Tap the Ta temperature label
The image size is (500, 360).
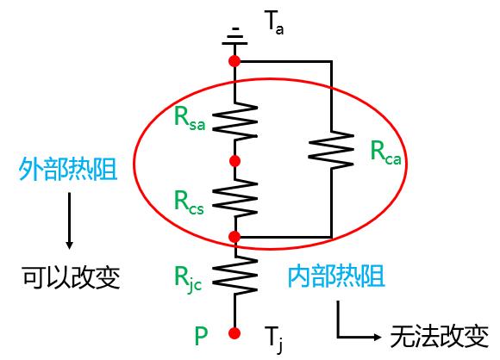[x=274, y=22]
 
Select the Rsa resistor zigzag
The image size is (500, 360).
[x=235, y=121]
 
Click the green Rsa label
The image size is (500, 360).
[x=190, y=119]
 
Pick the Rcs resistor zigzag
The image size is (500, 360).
[x=235, y=198]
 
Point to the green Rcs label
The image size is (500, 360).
[x=189, y=202]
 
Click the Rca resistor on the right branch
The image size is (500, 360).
[x=331, y=150]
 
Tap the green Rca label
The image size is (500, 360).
[x=385, y=152]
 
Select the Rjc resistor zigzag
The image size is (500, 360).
[x=235, y=276]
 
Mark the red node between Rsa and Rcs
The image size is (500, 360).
[x=234, y=161]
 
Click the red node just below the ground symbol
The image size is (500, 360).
[x=234, y=61]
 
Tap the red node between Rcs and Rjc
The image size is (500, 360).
[x=234, y=237]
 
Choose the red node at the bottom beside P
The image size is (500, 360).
[x=234, y=333]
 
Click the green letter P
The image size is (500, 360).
[x=201, y=335]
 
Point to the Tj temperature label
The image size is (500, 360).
[x=274, y=339]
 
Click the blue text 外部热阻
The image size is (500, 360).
[x=68, y=169]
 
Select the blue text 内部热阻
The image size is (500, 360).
[x=337, y=276]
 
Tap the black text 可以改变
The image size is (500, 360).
[x=71, y=277]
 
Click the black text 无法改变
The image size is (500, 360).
[x=440, y=337]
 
